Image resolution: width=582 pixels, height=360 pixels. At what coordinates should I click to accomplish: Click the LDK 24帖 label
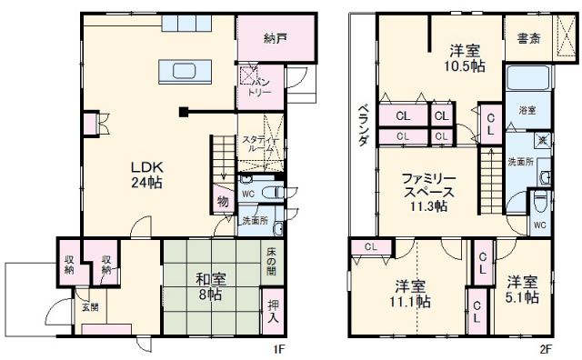tap(145, 174)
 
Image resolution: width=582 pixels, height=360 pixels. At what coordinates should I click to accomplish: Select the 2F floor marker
tap(542, 347)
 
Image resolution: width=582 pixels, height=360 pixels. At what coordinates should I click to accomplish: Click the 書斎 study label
tap(527, 39)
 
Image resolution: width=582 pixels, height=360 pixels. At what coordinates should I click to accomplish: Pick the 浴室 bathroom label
tap(527, 110)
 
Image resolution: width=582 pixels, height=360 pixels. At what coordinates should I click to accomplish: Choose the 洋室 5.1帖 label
tap(524, 288)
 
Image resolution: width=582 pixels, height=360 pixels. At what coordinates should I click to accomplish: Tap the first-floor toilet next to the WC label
tap(269, 193)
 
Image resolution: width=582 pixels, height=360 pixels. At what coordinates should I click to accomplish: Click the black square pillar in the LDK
tap(183, 113)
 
